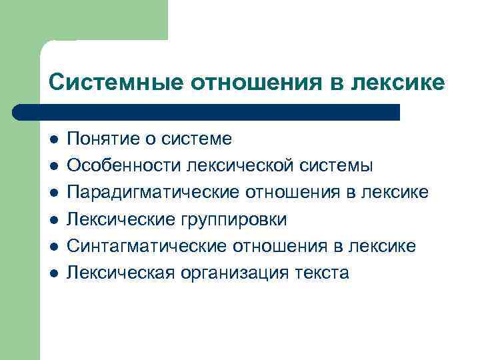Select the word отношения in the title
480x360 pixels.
[257, 82]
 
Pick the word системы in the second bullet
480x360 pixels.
[336, 165]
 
